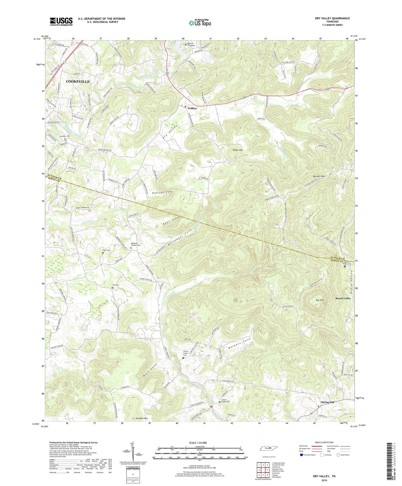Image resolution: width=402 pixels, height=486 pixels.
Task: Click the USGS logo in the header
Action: point(61,21)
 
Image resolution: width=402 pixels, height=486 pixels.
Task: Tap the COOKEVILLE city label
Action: point(78,81)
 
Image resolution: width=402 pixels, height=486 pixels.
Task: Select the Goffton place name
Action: point(192,108)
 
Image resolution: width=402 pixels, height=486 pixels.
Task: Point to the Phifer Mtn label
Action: point(237,150)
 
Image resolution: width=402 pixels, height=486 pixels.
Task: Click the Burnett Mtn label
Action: point(319,176)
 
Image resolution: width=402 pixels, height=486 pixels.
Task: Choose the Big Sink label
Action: point(320,300)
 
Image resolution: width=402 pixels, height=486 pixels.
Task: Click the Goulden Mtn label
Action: point(141,418)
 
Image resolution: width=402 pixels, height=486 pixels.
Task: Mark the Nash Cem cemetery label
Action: point(106,250)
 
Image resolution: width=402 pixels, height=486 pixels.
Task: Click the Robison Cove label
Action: point(163,192)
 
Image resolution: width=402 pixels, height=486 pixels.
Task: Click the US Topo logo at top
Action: point(200,23)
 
